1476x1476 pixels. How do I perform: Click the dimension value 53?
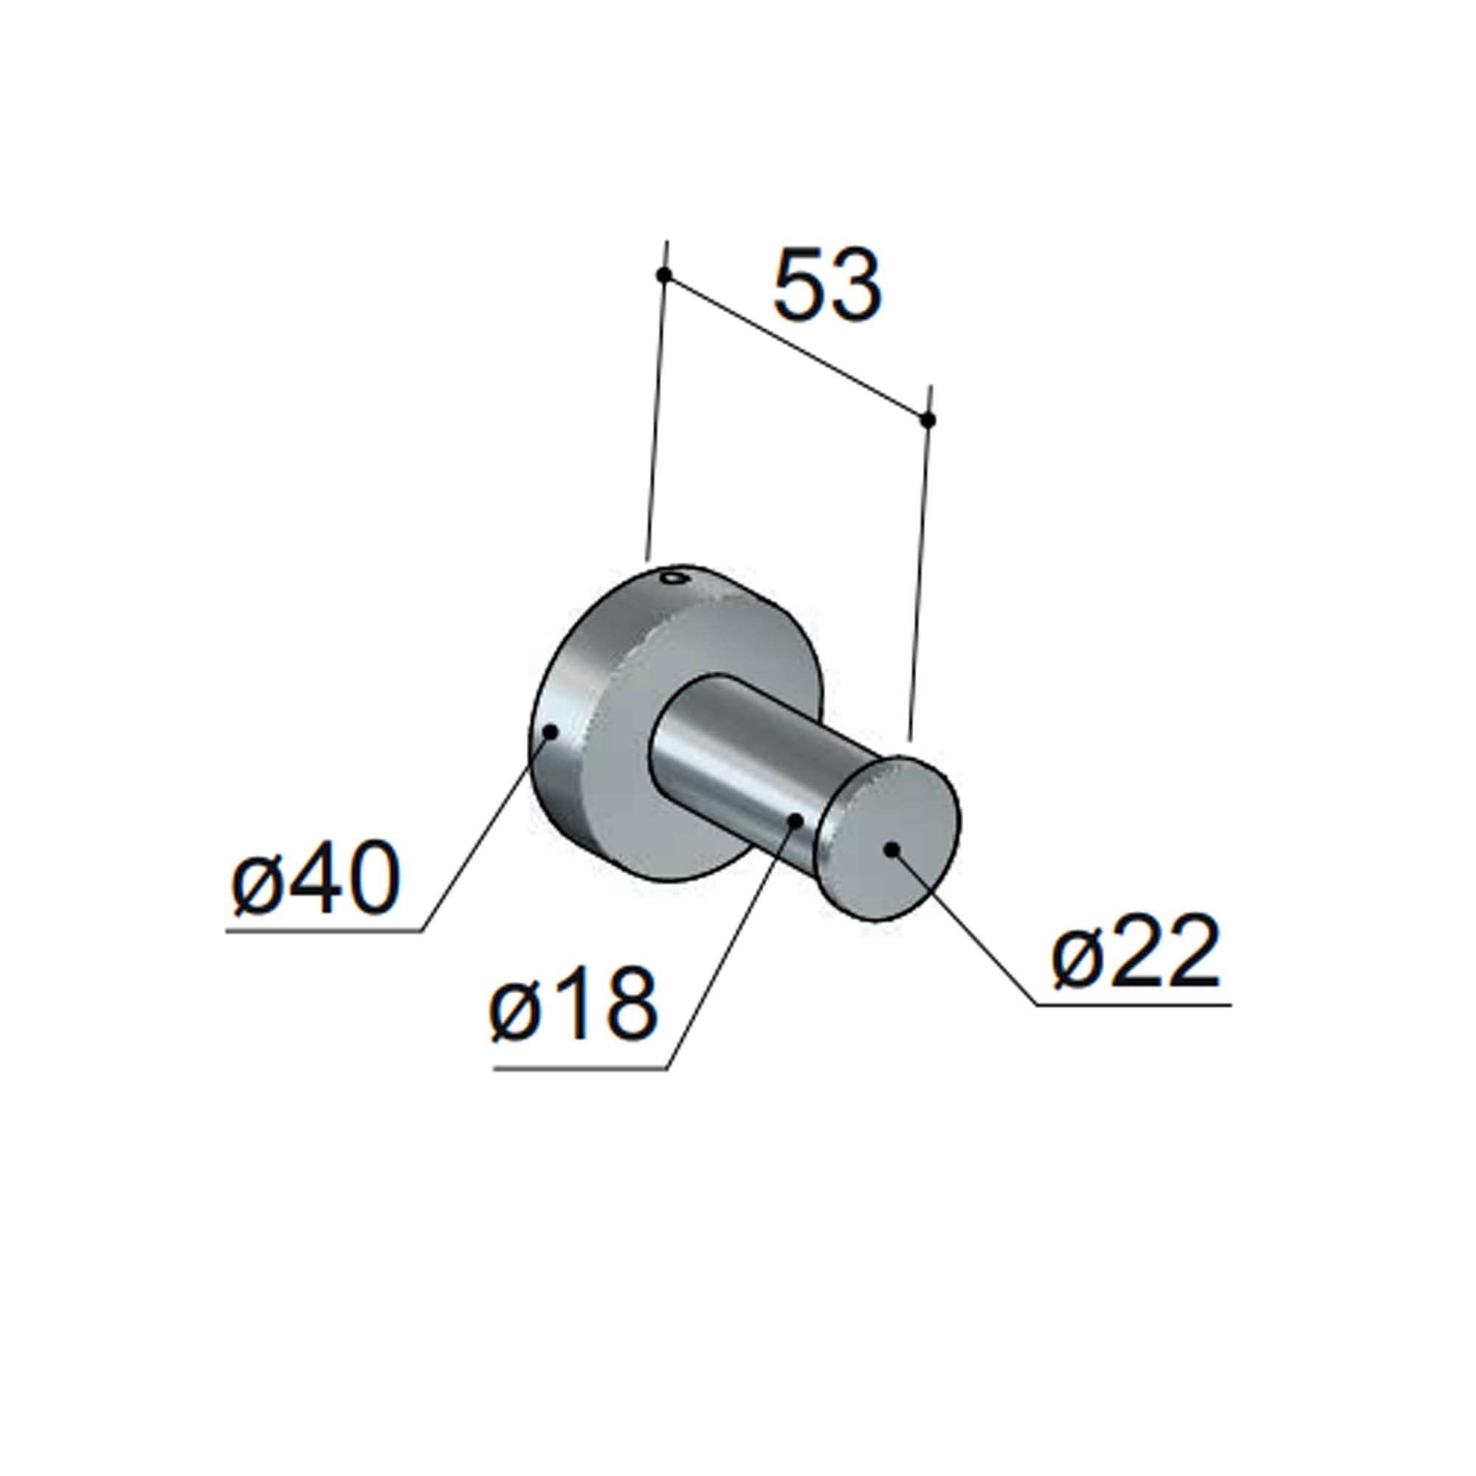click(827, 283)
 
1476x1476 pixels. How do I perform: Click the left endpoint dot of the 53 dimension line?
click(664, 275)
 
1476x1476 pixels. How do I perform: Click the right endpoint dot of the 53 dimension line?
click(928, 419)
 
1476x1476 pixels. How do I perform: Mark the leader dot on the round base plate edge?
click(549, 731)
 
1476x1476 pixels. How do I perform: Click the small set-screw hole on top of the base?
click(673, 578)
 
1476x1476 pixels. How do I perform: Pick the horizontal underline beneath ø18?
click(581, 1069)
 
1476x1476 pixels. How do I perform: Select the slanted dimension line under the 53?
click(795, 347)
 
